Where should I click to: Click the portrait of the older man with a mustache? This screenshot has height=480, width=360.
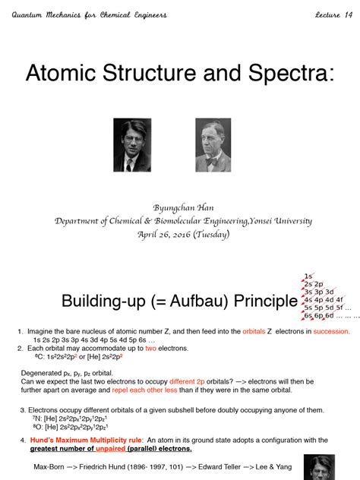pos(213,144)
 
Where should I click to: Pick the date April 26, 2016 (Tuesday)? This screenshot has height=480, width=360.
pos(180,234)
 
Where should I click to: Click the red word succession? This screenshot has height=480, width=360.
pos(328,332)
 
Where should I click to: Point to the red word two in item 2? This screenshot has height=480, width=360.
pos(151,348)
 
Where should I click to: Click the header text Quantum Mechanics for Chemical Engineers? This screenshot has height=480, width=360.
pos(90,14)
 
